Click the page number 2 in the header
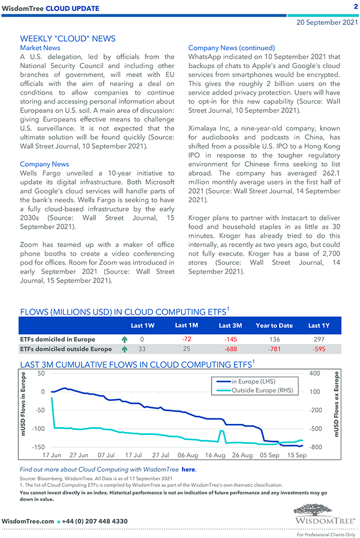click(356, 7)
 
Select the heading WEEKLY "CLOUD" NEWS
click(68, 39)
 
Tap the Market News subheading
click(40, 48)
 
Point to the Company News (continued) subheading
click(232, 48)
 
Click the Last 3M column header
click(230, 326)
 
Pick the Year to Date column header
click(274, 326)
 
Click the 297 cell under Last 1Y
click(318, 339)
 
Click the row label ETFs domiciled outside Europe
click(65, 349)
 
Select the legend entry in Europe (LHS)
click(253, 381)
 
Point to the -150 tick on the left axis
click(38, 447)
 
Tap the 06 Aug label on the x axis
click(188, 455)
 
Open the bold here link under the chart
click(188, 469)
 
